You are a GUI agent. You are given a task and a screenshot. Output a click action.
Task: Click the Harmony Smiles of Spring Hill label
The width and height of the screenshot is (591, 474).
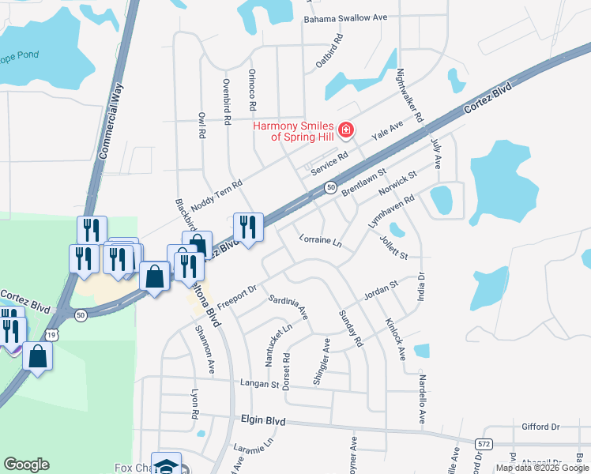coord(293,131)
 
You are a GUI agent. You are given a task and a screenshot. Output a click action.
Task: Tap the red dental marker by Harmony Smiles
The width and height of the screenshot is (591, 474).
coord(345,130)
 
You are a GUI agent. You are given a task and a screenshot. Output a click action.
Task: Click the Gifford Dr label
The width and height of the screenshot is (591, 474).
coord(540,427)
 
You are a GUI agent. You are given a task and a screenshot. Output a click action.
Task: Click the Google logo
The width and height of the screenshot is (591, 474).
coord(26,465)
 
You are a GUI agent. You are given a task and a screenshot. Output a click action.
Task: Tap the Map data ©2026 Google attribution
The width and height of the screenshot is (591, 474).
coord(541,468)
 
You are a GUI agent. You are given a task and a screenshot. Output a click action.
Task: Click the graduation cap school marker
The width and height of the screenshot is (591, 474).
coord(167,465)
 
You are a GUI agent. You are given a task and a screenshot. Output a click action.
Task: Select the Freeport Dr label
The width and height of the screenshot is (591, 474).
coord(237,298)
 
